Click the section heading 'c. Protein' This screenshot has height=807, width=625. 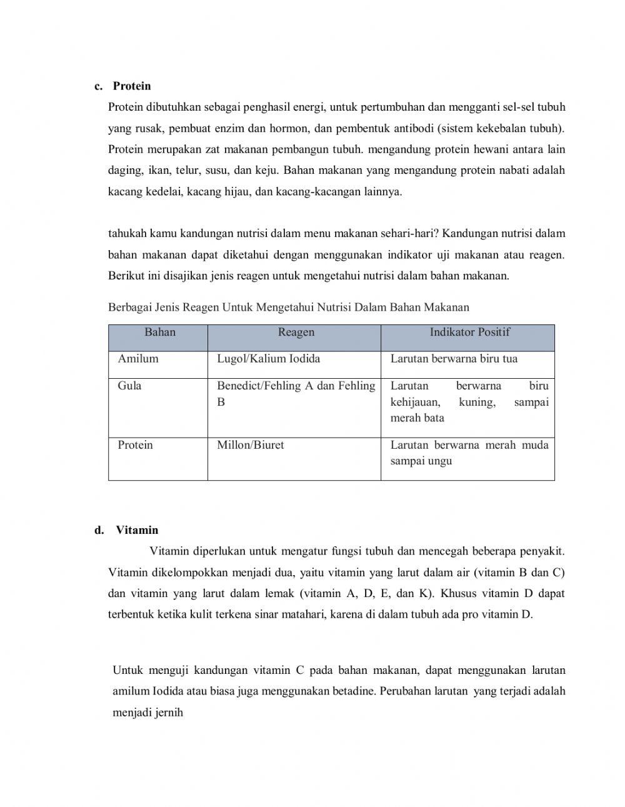click(x=123, y=86)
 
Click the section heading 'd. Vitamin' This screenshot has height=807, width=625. click(x=127, y=530)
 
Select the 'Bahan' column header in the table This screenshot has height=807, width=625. click(x=160, y=333)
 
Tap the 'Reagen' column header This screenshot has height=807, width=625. click(x=296, y=333)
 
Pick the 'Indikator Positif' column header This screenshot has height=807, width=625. click(x=469, y=333)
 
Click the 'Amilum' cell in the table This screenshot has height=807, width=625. click(x=138, y=359)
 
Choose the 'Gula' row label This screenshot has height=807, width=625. click(x=129, y=386)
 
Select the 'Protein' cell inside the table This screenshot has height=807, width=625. click(x=135, y=445)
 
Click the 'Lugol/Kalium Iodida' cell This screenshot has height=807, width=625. click(x=268, y=359)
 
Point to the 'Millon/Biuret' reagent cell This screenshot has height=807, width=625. click(x=250, y=445)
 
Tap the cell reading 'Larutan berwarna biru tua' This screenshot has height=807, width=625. click(x=454, y=359)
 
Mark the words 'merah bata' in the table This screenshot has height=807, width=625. click(x=417, y=418)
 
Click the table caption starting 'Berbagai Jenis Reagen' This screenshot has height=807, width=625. click(x=288, y=307)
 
